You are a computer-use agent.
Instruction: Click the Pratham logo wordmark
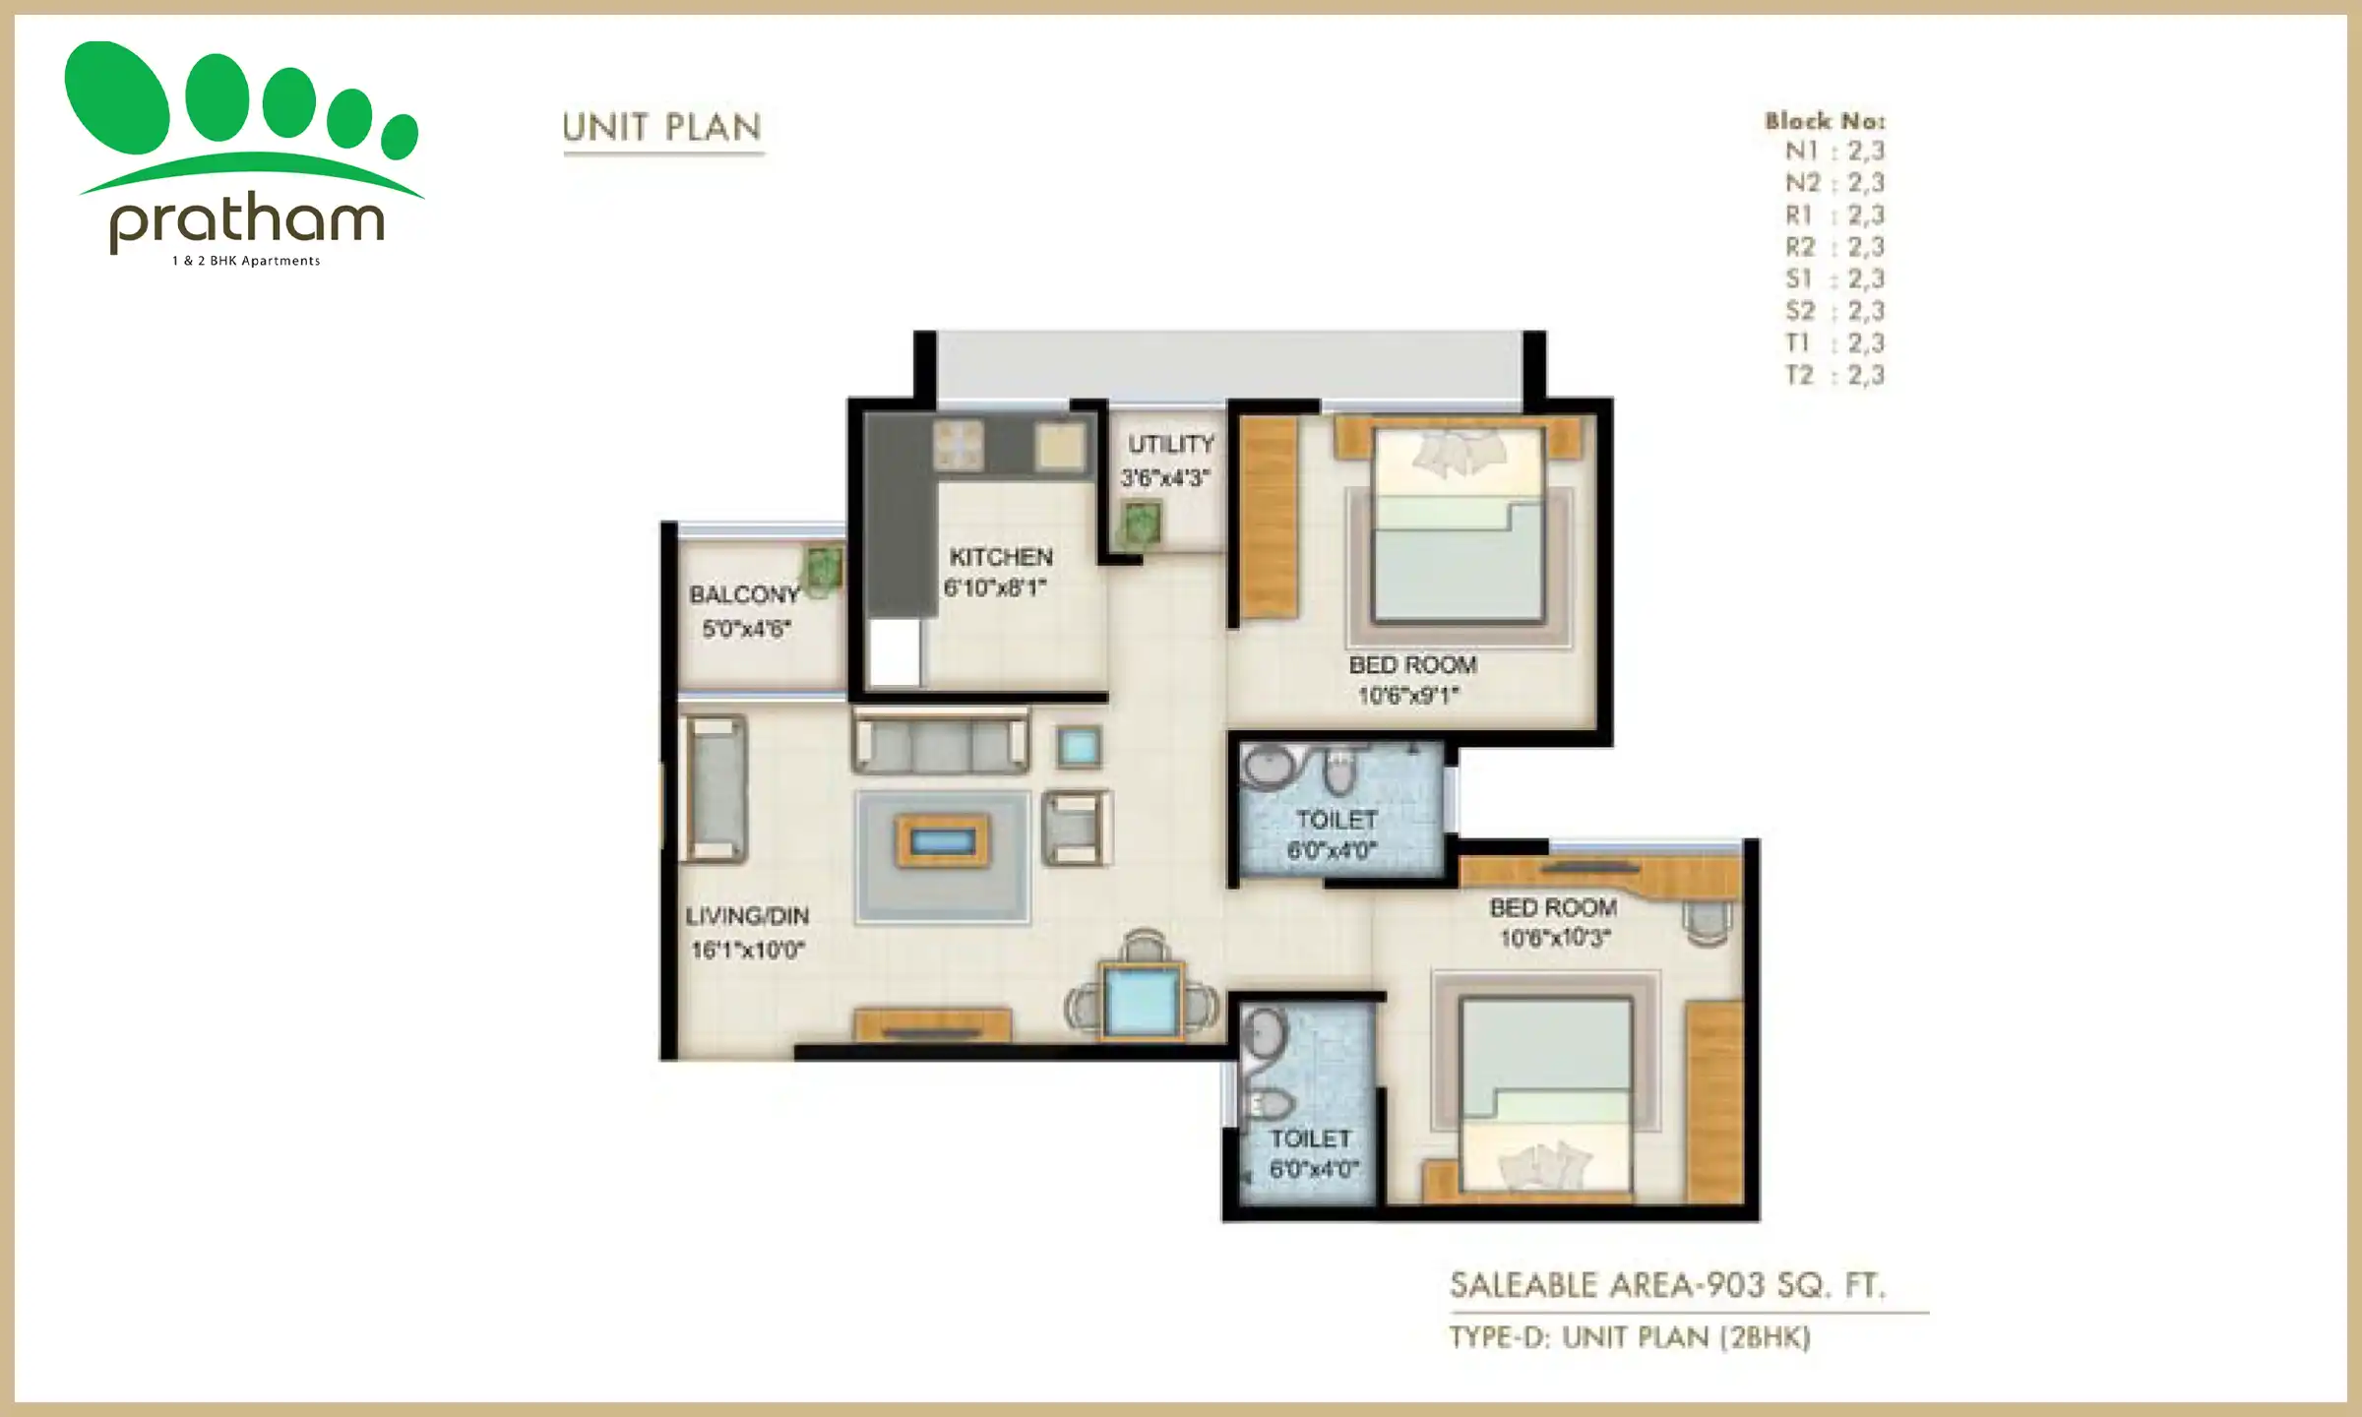click(x=246, y=221)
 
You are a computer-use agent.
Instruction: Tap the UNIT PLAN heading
click(x=661, y=128)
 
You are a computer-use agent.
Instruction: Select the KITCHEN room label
click(x=1001, y=557)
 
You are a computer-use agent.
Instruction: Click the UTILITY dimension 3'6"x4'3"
click(x=1164, y=478)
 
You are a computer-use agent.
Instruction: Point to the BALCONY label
click(x=744, y=594)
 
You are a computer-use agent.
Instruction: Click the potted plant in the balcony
click(x=823, y=568)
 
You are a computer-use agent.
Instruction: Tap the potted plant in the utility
click(x=1141, y=524)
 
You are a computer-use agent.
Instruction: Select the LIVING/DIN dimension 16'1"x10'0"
click(x=748, y=950)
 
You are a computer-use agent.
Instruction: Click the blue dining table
click(x=1142, y=1001)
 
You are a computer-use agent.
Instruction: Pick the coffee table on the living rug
click(x=942, y=841)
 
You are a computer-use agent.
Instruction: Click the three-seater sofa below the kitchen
click(x=940, y=745)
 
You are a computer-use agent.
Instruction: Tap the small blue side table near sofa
click(x=1079, y=748)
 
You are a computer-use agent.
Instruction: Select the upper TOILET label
click(x=1336, y=819)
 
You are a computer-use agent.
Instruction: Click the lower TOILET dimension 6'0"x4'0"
click(x=1314, y=1169)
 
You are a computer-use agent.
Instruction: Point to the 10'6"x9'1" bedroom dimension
click(x=1408, y=696)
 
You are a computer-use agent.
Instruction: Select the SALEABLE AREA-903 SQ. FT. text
click(x=1667, y=1285)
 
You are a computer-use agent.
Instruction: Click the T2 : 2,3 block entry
click(x=1834, y=375)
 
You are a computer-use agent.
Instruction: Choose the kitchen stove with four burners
click(x=958, y=445)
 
